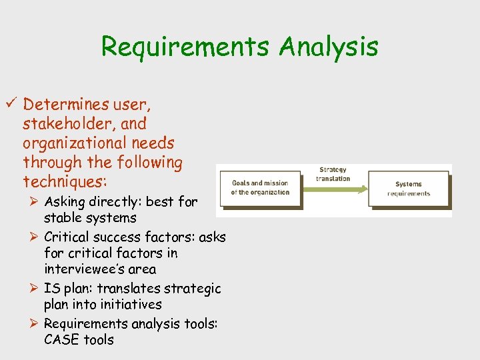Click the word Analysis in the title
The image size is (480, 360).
click(x=329, y=47)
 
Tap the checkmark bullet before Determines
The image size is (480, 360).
click(x=12, y=104)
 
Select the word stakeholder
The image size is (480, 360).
click(x=85, y=124)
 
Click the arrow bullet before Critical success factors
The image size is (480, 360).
click(x=33, y=237)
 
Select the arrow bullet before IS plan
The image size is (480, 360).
click(x=33, y=289)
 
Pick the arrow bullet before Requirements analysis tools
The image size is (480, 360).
click(x=33, y=324)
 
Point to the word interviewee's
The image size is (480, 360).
click(x=100, y=269)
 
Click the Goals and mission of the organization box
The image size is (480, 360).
click(x=260, y=187)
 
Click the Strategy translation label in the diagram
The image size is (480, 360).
click(x=333, y=174)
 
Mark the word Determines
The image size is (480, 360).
click(x=69, y=104)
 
